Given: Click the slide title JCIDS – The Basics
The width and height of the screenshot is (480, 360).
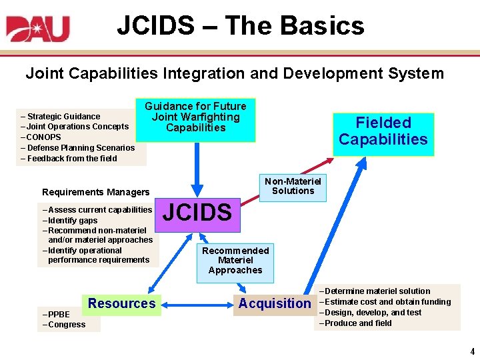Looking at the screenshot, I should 241,26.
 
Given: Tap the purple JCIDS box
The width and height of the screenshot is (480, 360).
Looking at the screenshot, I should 197,213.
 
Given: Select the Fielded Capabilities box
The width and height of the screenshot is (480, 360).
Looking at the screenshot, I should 383,131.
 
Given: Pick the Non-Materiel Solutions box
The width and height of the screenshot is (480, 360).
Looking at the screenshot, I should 293,186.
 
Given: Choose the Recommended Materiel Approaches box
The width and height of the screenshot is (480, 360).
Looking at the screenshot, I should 235,260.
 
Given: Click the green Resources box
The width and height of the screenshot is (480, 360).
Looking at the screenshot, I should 121,304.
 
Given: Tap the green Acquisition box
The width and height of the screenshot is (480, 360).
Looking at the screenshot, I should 275,304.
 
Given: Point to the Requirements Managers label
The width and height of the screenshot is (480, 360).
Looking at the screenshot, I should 96,193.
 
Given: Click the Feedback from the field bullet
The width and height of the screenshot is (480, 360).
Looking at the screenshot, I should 71,159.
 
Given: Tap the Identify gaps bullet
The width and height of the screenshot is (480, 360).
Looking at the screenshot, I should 72,221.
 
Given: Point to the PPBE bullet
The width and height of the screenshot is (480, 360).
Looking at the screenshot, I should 58,314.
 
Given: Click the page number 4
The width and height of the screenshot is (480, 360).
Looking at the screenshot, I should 471,351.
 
